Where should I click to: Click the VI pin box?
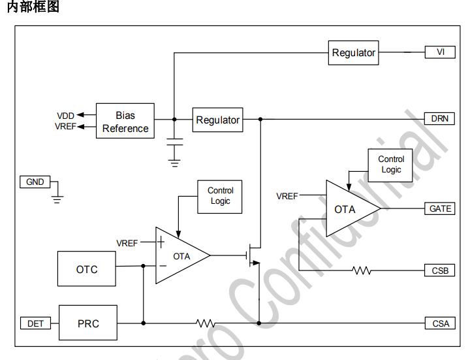point(441,52)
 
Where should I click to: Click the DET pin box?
point(35,323)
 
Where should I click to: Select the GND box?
point(35,182)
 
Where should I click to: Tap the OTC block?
point(87,269)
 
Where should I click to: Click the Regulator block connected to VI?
point(354,53)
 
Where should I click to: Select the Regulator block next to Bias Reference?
point(218,120)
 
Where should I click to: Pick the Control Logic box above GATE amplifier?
point(391,164)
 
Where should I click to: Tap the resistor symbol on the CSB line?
point(361,270)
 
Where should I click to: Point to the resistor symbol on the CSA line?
point(206,323)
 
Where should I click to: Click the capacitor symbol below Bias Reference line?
point(174,142)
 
